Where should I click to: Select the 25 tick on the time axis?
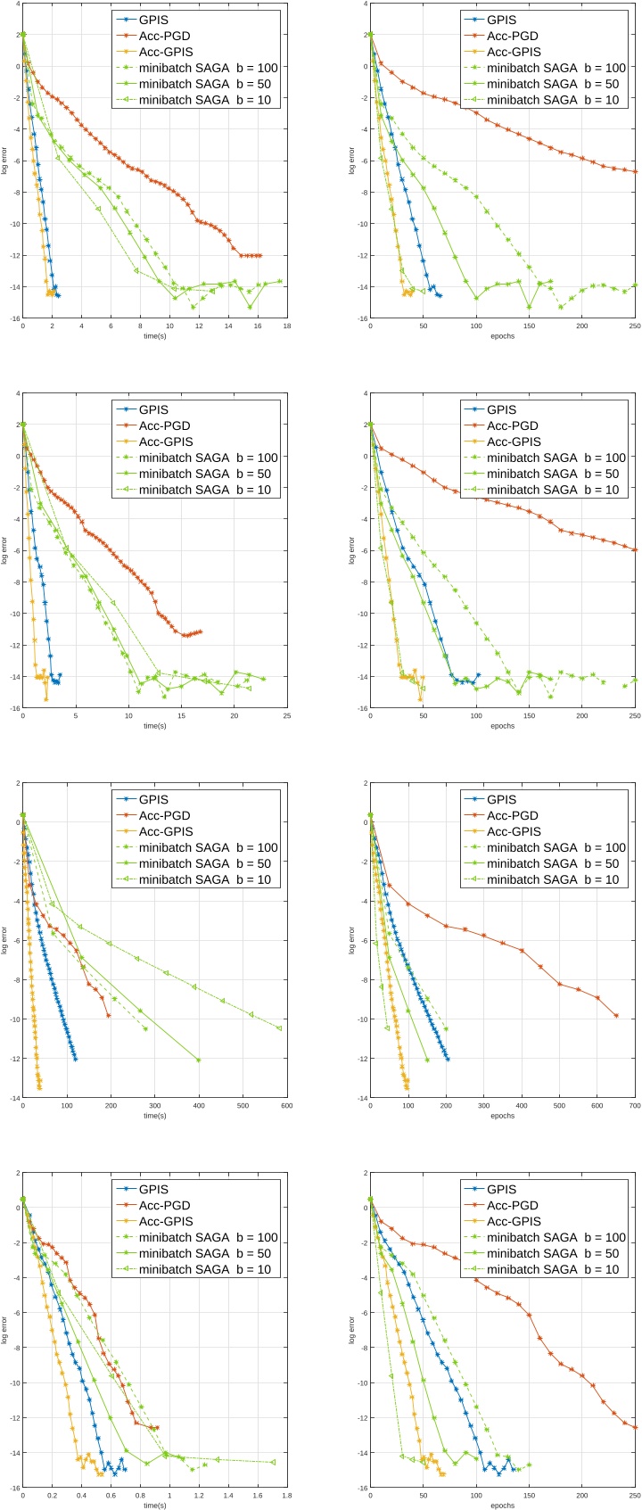click(x=286, y=716)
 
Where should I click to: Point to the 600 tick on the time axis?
click(x=286, y=1106)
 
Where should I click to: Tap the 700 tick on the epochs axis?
click(x=635, y=1106)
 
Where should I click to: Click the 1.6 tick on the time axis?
click(x=258, y=1496)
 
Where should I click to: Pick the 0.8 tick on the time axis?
click(x=140, y=1496)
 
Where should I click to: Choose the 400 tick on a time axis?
click(x=199, y=1106)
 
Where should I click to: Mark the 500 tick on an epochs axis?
click(x=559, y=1106)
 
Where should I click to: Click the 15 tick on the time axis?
click(x=181, y=716)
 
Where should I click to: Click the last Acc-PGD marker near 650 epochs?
click(x=616, y=1015)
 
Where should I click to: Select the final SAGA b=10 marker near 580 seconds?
click(x=279, y=1028)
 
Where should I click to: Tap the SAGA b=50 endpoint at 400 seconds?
click(x=198, y=1060)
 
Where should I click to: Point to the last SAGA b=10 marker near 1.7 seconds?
click(x=273, y=1462)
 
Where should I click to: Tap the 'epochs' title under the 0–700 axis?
click(x=502, y=1116)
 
